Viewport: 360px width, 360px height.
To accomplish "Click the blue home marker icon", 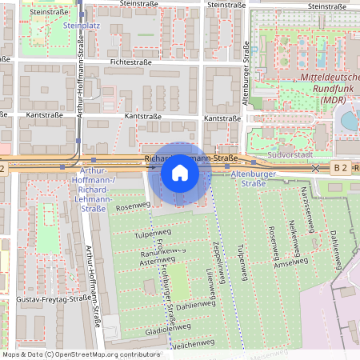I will tap(180, 173).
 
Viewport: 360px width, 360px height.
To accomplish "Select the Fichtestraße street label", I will tap(130, 61).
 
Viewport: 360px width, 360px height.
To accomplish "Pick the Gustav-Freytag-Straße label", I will tap(53, 298).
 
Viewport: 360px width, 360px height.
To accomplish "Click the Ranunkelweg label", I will tap(157, 253).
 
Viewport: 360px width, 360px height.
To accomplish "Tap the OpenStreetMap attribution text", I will tap(81, 354).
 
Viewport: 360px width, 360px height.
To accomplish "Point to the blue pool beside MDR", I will tap(350, 121).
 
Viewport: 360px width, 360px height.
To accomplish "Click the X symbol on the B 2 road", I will tap(315, 168).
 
